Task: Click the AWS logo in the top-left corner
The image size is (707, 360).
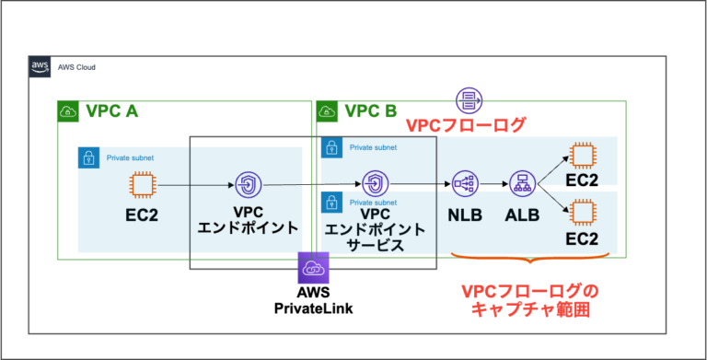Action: [40, 67]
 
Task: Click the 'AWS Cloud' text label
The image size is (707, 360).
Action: [76, 67]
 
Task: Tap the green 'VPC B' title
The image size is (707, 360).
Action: [371, 111]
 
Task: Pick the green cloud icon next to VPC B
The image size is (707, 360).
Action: [327, 111]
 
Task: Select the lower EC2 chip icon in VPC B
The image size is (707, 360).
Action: [582, 215]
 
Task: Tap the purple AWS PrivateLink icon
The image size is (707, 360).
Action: [313, 269]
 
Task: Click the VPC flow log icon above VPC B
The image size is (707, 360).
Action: [469, 100]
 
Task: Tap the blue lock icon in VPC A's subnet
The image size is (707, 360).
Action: [89, 157]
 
